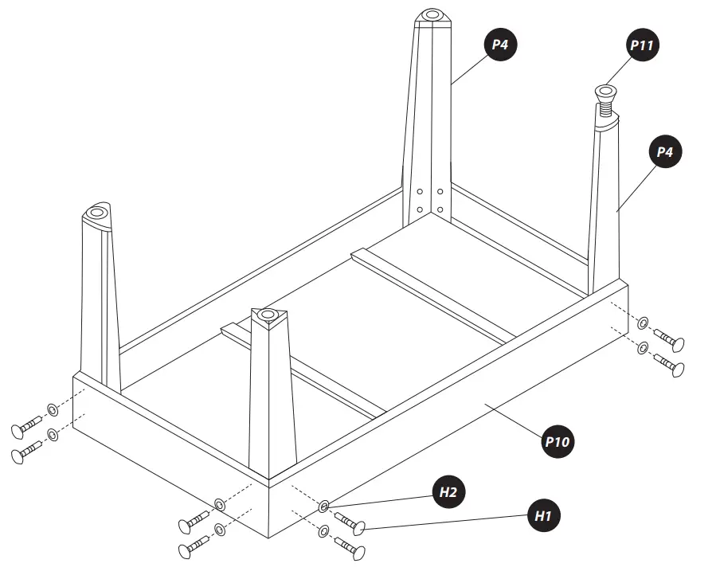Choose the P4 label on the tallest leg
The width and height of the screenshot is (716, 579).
[499, 45]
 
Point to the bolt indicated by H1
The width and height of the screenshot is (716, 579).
[350, 524]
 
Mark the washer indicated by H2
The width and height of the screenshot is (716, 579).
[324, 507]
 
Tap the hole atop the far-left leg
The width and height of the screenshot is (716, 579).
[97, 213]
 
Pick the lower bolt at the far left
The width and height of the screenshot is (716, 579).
[26, 453]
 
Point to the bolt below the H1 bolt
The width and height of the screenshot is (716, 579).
[350, 548]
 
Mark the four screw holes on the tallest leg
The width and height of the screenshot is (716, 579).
[429, 201]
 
